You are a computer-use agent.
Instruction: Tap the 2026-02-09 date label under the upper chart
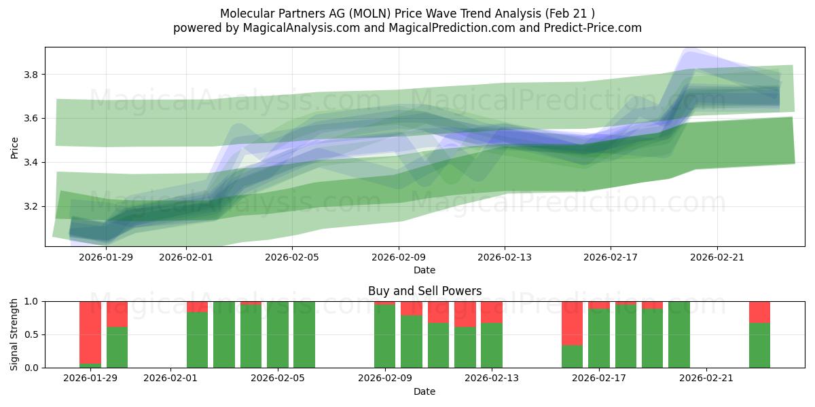pyautogui.click(x=398, y=257)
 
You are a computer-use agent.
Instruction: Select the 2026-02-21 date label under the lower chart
pyautogui.click(x=706, y=379)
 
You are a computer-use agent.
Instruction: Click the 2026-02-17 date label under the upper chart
pyautogui.click(x=611, y=257)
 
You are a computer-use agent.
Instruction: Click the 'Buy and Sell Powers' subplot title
pyautogui.click(x=424, y=291)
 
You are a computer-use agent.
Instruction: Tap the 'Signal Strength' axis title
pyautogui.click(x=14, y=334)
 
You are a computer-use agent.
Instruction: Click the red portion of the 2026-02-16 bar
pyautogui.click(x=572, y=323)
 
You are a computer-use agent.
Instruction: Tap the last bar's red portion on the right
pyautogui.click(x=759, y=312)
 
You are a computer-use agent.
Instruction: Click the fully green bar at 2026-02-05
pyautogui.click(x=278, y=334)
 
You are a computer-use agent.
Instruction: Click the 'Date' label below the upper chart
pyautogui.click(x=424, y=270)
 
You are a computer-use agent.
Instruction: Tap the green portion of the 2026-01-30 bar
pyautogui.click(x=117, y=347)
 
